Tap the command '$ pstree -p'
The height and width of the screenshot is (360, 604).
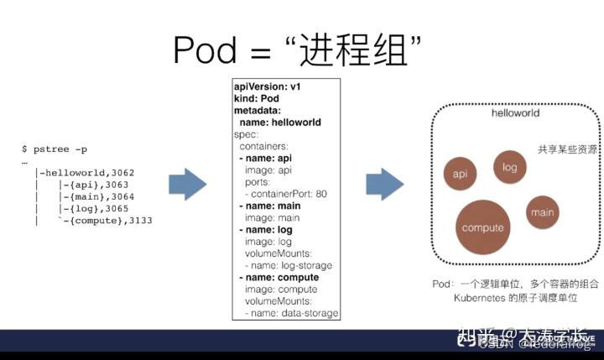click(x=55, y=149)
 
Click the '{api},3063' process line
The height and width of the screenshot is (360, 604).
click(x=97, y=185)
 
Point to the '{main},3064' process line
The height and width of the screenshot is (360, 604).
click(x=100, y=196)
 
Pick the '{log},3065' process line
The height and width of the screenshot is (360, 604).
click(x=97, y=208)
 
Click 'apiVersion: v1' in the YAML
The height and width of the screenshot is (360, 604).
click(x=267, y=87)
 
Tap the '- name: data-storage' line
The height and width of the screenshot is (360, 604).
click(x=292, y=313)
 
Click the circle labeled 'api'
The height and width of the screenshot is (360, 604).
click(x=460, y=174)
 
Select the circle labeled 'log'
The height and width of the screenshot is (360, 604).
click(x=509, y=167)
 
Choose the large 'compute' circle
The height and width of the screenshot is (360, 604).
click(x=483, y=227)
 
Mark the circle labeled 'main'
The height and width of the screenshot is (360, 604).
click(x=543, y=212)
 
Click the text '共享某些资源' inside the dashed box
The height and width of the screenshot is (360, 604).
click(x=567, y=149)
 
